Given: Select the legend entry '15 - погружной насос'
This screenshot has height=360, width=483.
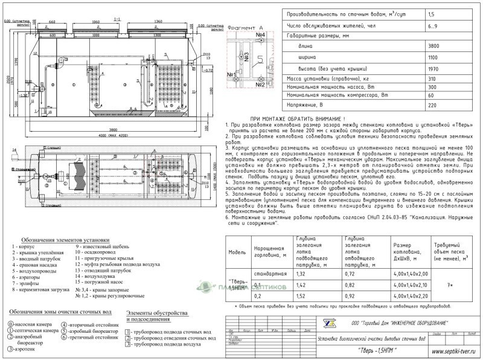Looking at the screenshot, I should (x=98, y=281).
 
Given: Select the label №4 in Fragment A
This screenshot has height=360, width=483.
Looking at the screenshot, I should (x=261, y=37).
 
